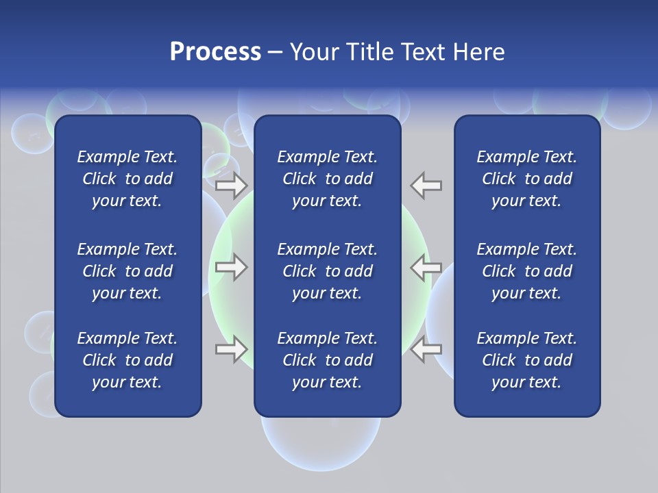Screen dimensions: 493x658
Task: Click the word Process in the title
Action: coord(215,52)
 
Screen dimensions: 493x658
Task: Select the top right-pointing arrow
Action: coord(232,185)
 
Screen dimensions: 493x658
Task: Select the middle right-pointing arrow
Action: coord(232,267)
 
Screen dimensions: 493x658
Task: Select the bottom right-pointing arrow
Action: coord(232,349)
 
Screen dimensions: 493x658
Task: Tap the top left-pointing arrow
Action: coord(426,185)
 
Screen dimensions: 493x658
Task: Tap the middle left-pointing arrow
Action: coord(426,267)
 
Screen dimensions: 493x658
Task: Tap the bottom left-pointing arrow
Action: coord(426,349)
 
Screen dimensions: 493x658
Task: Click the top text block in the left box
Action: coord(127,179)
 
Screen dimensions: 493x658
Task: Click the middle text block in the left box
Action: coord(127,271)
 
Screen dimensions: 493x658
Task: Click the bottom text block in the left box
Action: coord(127,360)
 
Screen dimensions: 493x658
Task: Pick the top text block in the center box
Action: coord(327,179)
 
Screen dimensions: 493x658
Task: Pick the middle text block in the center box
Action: coord(327,271)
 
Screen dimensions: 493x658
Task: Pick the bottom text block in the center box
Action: coord(327,360)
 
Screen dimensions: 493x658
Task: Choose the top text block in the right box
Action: coord(526,179)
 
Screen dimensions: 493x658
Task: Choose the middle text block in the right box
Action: coord(526,271)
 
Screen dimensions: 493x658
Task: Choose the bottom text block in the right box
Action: coord(526,360)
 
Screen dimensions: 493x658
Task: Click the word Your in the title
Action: coord(314,52)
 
